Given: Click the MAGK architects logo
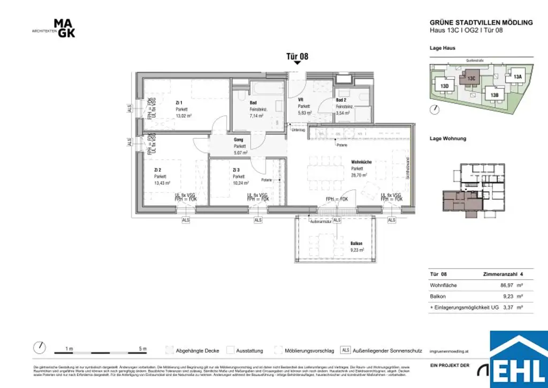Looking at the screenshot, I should coord(64,28).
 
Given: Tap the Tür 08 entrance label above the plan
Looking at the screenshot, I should coord(298,56).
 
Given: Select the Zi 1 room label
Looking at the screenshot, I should coord(179,103).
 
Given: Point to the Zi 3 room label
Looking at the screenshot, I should coord(236,170).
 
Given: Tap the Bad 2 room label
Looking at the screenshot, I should coord(341,100).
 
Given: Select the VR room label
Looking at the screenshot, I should coord(301,100).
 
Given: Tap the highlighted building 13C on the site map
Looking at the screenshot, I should coord(471,78).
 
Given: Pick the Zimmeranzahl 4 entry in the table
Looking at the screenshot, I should coord(503,274).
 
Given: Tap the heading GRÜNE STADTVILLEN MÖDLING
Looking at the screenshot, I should coord(481,23).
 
